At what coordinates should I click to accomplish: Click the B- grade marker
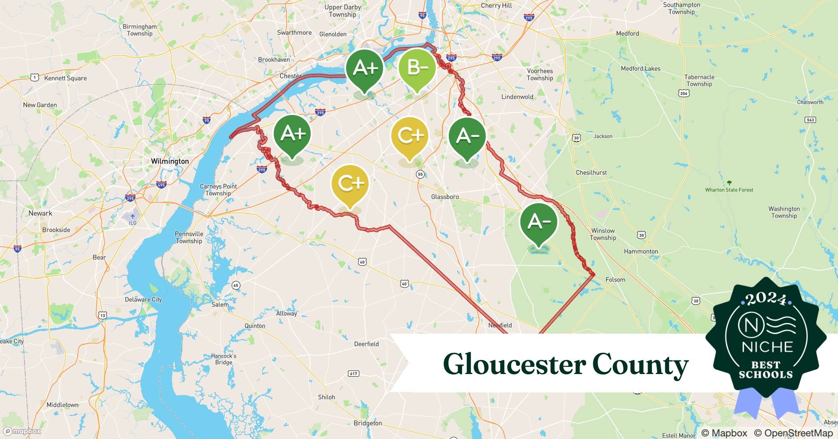[417, 68]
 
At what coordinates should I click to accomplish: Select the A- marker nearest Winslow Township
[538, 222]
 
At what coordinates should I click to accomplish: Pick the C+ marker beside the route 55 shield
[409, 136]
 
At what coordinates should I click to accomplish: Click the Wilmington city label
[170, 161]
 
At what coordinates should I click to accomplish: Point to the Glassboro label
[445, 197]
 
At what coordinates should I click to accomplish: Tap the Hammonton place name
[641, 252]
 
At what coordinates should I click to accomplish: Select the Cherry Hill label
[496, 6]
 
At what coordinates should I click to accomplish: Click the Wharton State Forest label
[729, 190]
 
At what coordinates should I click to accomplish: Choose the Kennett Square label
[65, 78]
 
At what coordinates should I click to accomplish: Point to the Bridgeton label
[368, 423]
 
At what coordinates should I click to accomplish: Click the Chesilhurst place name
[591, 173]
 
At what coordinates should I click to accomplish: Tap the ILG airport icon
[133, 216]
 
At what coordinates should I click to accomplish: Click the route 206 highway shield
[684, 93]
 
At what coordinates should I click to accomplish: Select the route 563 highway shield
[810, 120]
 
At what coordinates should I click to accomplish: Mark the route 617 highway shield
[353, 374]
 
